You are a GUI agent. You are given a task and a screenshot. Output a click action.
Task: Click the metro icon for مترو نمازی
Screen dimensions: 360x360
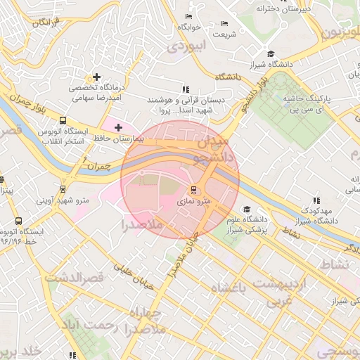[193, 189]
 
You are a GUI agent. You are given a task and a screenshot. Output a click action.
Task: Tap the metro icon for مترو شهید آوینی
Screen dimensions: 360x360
[64, 188]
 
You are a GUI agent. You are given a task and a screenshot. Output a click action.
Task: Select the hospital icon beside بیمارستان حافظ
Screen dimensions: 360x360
[117, 127]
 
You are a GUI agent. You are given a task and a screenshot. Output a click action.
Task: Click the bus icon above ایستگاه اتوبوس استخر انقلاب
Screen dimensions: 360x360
[63, 120]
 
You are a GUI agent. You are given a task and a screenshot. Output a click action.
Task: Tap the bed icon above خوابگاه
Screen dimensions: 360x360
[188, 16]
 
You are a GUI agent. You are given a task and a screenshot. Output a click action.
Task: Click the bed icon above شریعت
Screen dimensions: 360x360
[224, 23]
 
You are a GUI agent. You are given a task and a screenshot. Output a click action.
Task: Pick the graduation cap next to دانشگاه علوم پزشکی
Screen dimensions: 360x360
[246, 209]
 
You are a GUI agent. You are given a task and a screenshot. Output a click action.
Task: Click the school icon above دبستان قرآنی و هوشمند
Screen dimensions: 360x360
[185, 89]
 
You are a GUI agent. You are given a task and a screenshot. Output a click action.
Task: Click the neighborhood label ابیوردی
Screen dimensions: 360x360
[186, 46]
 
